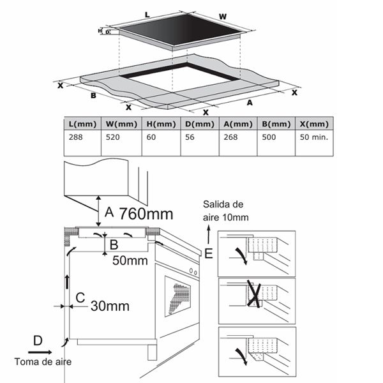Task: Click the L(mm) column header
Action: point(84,124)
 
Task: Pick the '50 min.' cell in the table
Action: point(313,137)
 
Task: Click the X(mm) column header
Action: point(313,124)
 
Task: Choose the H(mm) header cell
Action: point(160,124)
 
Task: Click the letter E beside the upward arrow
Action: point(208,253)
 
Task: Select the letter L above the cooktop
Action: point(147,13)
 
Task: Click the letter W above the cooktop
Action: point(222,15)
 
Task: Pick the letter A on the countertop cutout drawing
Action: point(249,101)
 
